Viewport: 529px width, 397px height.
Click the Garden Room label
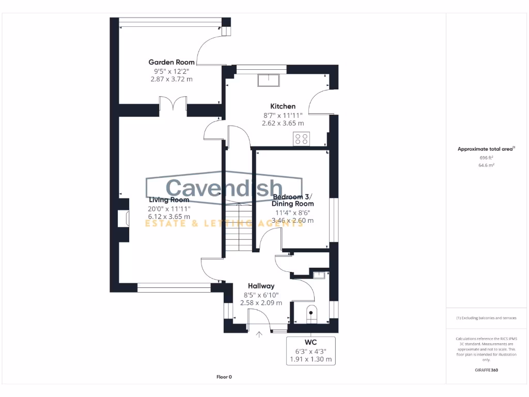click(x=172, y=63)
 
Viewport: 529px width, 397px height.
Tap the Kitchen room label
click(x=283, y=106)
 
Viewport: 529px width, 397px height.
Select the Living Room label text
click(x=169, y=200)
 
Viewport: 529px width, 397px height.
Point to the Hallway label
click(x=261, y=286)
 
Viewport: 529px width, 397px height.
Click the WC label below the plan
click(x=311, y=342)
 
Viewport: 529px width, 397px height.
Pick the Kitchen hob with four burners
click(x=301, y=138)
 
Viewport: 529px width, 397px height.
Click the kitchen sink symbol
click(x=269, y=80)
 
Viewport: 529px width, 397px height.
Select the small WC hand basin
click(x=319, y=275)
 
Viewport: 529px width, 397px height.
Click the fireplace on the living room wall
click(x=122, y=218)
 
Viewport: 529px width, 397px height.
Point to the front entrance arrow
click(x=259, y=334)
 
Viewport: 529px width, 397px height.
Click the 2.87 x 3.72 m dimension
click(x=172, y=80)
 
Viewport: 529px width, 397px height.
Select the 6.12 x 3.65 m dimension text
click(x=169, y=217)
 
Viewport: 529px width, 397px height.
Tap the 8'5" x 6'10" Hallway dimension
click(x=261, y=295)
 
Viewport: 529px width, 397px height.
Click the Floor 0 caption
click(x=224, y=377)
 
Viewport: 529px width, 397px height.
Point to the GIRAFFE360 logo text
click(x=486, y=370)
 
